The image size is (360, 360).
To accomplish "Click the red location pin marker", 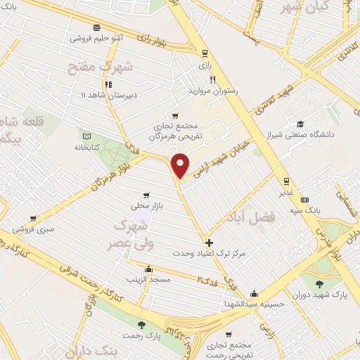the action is [181, 165].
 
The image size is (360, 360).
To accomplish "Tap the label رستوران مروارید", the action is [212, 91].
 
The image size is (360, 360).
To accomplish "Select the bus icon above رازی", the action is [205, 53].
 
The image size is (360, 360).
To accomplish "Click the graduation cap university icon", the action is [300, 122].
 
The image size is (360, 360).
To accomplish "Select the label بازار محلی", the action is [146, 206].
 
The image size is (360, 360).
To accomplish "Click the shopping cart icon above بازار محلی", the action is [146, 195].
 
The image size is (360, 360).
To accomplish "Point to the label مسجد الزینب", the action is [148, 280].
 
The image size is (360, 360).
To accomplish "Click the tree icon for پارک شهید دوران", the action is [321, 284].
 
